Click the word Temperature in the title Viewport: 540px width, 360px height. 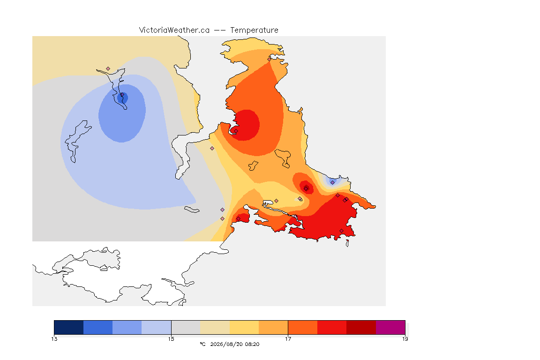point(254,30)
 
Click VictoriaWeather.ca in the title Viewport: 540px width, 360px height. point(174,30)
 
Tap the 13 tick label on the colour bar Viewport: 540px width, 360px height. point(54,339)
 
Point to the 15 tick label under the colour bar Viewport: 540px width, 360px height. point(171,339)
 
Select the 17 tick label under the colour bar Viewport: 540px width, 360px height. point(288,339)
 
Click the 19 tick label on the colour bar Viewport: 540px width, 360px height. point(405,339)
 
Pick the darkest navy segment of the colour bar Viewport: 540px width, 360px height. point(69,327)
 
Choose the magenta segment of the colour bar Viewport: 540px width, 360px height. point(390,327)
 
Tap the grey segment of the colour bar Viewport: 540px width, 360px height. point(186,327)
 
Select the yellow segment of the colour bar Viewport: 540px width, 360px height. point(244,327)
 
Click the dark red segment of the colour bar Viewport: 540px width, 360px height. point(361,327)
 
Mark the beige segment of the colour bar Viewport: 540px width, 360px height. point(215,327)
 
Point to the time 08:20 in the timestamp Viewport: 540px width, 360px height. point(252,344)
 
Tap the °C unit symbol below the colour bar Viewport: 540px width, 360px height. point(203,344)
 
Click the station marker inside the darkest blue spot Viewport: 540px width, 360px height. point(122,95)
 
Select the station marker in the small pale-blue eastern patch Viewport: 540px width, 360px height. point(332,183)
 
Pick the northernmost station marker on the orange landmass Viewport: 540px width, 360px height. point(270,59)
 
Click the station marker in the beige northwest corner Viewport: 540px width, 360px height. point(108,69)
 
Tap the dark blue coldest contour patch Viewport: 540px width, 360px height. point(123,98)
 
